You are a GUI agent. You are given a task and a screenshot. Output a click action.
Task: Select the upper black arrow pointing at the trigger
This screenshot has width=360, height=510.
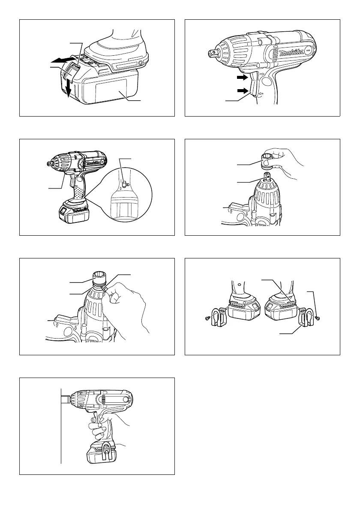[x=242, y=78]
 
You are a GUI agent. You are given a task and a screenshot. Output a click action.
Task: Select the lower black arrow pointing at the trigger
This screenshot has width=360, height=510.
[x=242, y=90]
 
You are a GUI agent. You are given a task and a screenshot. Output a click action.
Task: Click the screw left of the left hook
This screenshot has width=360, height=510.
[x=207, y=319]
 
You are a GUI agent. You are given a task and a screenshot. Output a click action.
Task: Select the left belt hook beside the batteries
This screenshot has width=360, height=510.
[x=219, y=316]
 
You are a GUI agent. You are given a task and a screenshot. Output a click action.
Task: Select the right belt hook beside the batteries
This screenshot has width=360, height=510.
[x=306, y=316]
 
